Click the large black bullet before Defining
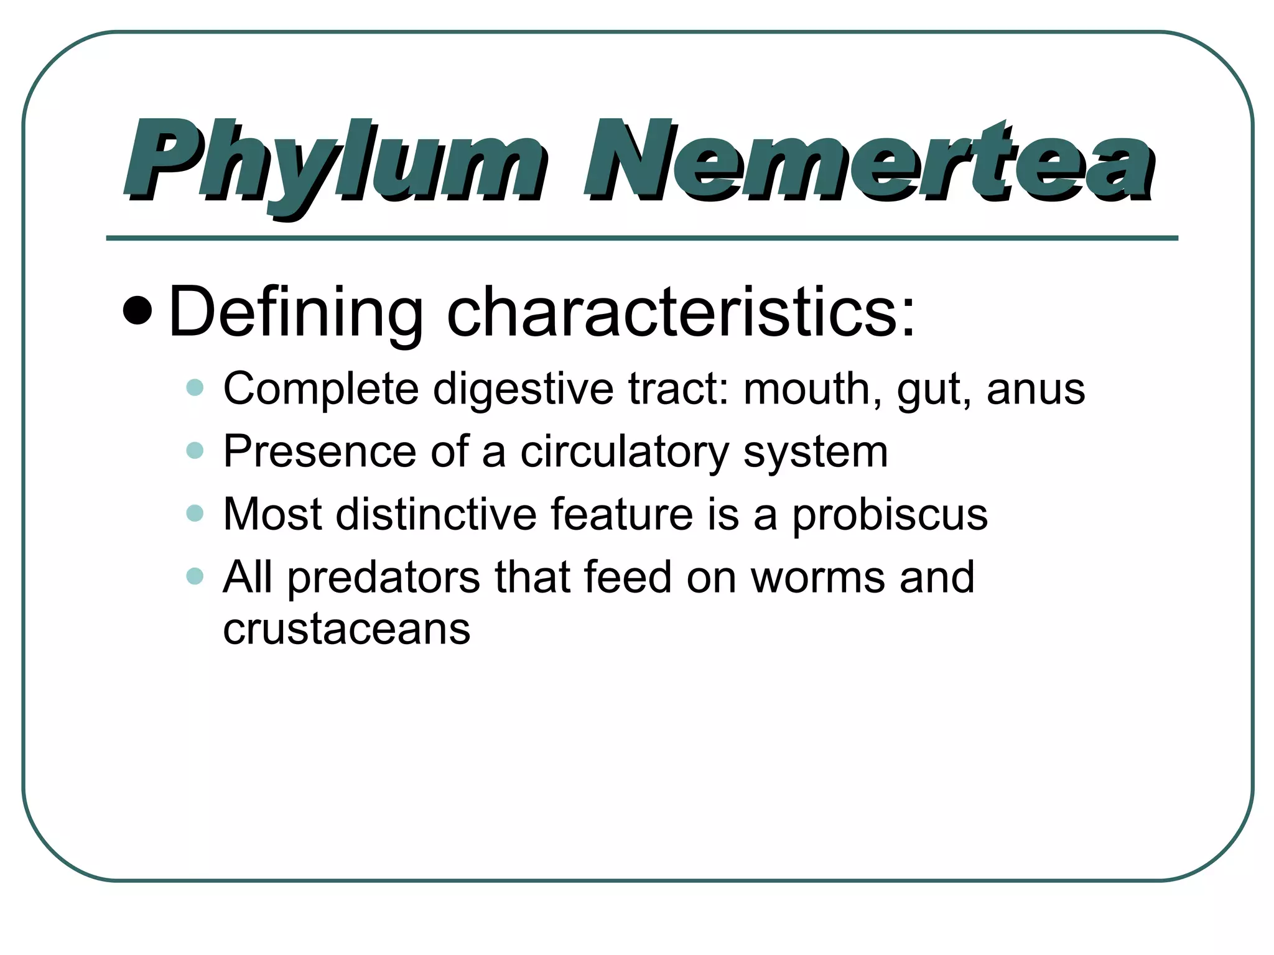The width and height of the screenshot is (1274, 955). click(137, 311)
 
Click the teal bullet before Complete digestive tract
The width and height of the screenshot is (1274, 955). click(195, 388)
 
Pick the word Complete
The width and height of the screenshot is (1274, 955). click(321, 389)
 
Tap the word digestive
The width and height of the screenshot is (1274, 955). click(523, 389)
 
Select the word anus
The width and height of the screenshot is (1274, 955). click(1036, 389)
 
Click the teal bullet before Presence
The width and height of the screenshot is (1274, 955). click(195, 450)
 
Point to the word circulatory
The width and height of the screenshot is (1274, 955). click(624, 452)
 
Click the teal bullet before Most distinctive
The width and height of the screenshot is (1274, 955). click(195, 514)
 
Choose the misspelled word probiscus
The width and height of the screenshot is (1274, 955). click(890, 515)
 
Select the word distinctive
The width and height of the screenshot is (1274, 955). click(435, 514)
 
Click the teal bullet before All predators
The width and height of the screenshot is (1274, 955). click(195, 576)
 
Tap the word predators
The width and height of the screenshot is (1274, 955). click(384, 578)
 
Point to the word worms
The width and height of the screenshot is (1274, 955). click(817, 578)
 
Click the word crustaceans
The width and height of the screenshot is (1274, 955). click(346, 629)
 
